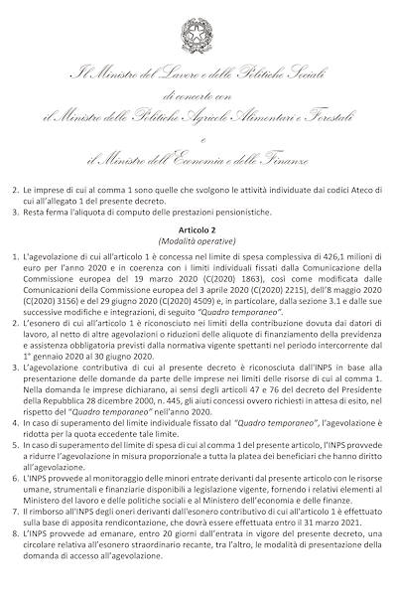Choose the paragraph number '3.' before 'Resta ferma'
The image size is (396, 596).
(14, 211)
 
